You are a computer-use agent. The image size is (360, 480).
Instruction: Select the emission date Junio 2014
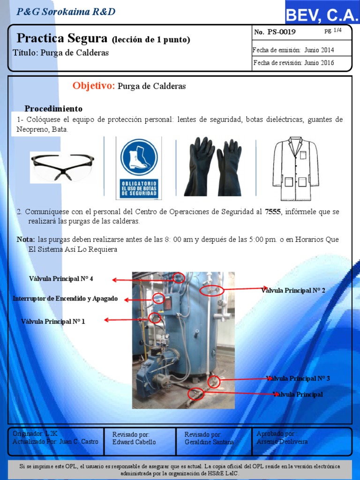[319, 50]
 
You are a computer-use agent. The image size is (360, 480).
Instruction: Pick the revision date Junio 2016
[319, 63]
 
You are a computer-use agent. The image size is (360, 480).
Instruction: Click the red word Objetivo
[94, 86]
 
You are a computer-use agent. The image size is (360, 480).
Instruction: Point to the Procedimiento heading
[53, 109]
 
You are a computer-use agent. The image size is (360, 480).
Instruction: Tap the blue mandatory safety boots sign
[139, 168]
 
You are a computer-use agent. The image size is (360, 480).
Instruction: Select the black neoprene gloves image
[214, 166]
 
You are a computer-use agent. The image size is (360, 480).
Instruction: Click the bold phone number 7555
[272, 212]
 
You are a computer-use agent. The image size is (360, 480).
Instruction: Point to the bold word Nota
[26, 240]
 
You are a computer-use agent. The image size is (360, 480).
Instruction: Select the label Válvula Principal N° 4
[61, 279]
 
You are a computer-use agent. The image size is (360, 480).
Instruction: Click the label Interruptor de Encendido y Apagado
[65, 299]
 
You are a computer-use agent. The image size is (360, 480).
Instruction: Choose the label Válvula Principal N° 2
[293, 291]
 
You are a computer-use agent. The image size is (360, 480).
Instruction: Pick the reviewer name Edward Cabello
[134, 442]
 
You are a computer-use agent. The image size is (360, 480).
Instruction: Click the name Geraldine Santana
[209, 442]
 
